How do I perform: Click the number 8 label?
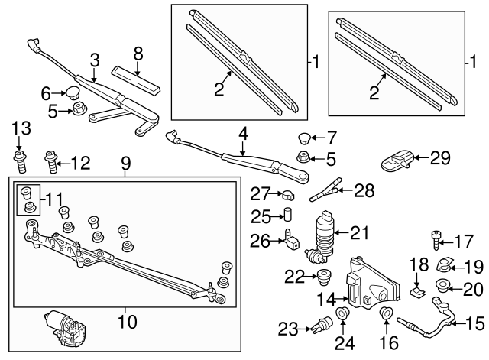click(138, 54)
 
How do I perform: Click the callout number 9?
click(124, 163)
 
